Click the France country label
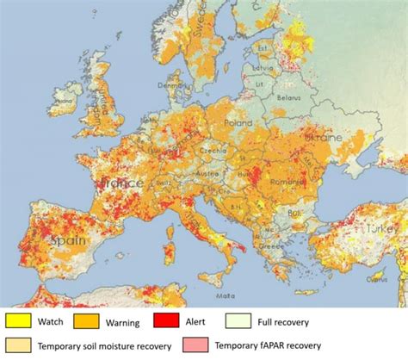(121, 183)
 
